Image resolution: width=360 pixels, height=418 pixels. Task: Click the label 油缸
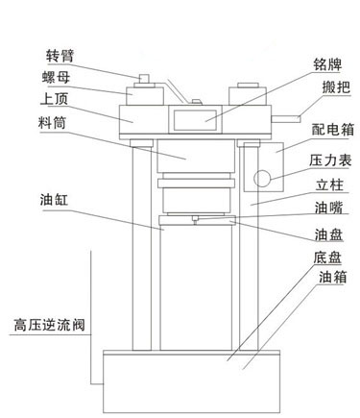[45, 201]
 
